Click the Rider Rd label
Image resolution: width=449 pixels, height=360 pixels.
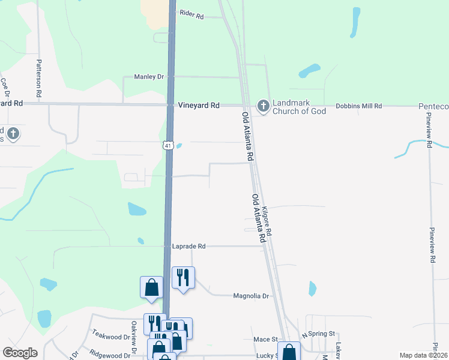tap(192, 14)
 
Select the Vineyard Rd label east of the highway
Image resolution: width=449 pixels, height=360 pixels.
tap(199, 105)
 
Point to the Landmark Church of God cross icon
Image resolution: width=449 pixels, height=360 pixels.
tap(263, 106)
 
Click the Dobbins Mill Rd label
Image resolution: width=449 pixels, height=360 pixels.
tap(359, 106)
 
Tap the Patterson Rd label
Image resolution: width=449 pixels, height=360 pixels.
tap(39, 79)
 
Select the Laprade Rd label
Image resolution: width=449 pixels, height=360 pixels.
tap(188, 246)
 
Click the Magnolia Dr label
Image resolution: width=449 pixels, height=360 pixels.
tap(250, 296)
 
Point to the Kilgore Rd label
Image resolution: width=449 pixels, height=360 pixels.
tap(268, 221)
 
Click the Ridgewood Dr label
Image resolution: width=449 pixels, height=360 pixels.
tap(110, 355)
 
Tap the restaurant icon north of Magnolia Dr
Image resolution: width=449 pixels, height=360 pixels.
tap(183, 277)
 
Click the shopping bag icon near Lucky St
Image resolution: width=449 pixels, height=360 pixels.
tap(289, 352)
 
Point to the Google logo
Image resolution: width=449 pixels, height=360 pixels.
tap(19, 353)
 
